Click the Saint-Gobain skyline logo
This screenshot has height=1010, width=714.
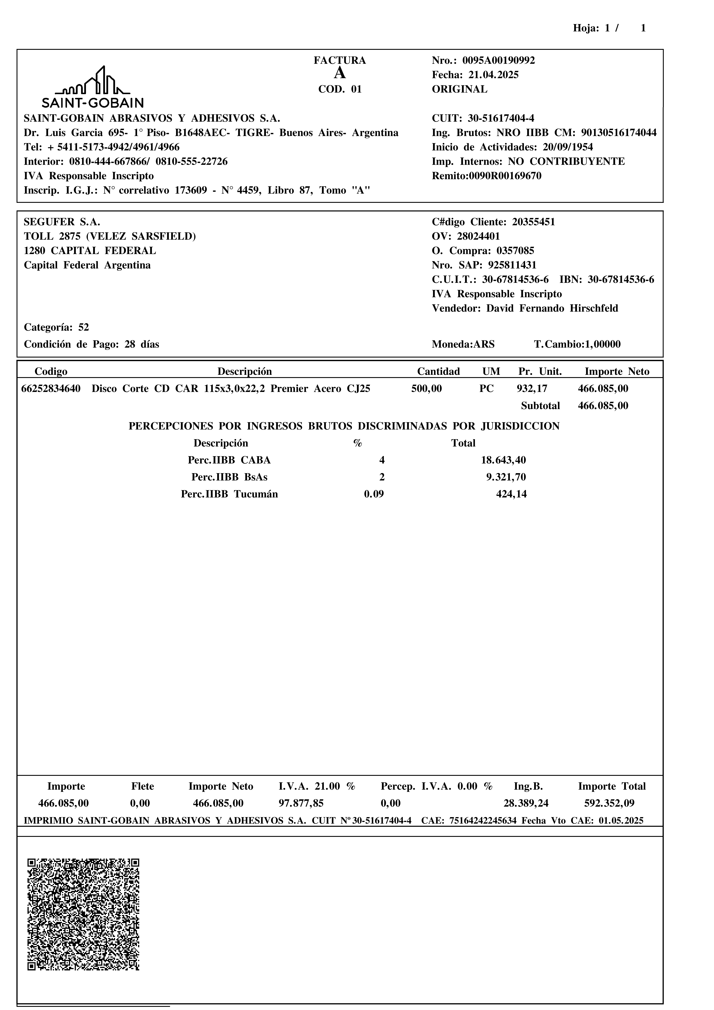(x=92, y=87)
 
